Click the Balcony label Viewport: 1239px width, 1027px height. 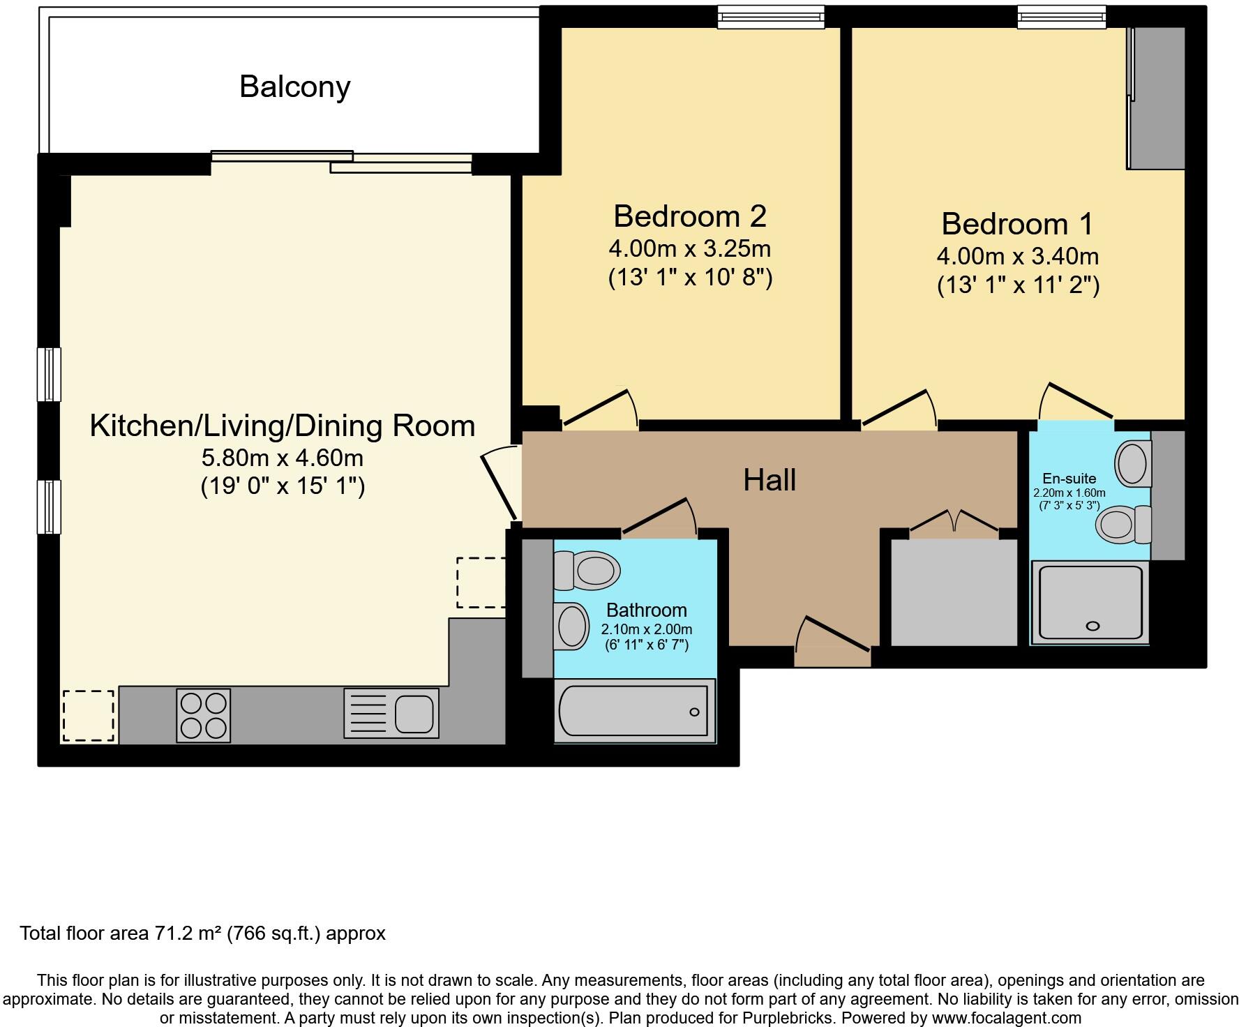pos(294,87)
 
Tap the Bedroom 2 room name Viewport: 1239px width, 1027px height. pos(690,216)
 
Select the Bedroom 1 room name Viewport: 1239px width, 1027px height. pos(1018,224)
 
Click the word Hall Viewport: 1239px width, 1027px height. pos(769,480)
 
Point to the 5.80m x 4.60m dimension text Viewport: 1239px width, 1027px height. pos(283,458)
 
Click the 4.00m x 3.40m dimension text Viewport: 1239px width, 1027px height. pos(1018,257)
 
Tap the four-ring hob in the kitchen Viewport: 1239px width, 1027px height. pos(204,715)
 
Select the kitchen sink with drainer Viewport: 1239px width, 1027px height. pos(391,713)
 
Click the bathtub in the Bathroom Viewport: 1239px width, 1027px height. pos(635,710)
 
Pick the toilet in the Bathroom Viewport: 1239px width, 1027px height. pos(587,570)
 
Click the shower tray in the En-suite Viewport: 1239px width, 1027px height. pos(1090,604)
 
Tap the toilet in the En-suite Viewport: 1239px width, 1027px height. pos(1123,525)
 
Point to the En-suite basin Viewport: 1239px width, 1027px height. pos(1133,463)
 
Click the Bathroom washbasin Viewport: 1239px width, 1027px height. pos(571,626)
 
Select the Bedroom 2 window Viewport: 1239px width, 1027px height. pos(771,17)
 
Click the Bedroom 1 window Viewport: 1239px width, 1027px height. pos(1061,17)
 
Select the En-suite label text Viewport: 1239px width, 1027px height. pos(1069,479)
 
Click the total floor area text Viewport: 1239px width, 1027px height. pos(202,934)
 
